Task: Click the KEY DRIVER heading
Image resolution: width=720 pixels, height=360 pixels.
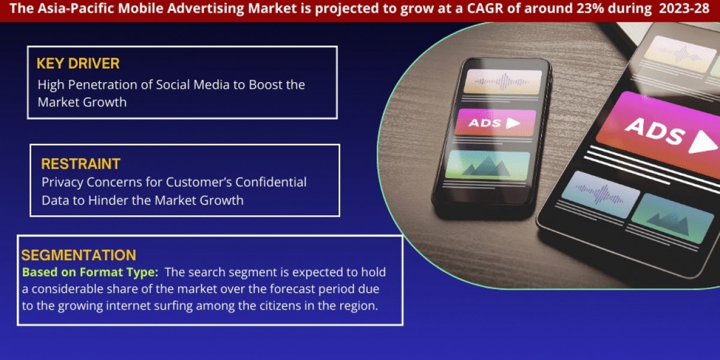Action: (78, 64)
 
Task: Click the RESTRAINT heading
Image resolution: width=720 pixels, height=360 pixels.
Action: (80, 163)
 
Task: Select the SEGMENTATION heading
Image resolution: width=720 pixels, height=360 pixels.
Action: (79, 254)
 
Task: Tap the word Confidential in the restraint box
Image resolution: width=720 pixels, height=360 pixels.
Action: (269, 182)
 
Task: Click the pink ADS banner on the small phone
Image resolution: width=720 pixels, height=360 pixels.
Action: (495, 122)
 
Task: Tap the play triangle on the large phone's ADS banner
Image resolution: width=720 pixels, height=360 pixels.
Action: (703, 143)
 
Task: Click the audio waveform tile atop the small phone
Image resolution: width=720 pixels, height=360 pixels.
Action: (504, 80)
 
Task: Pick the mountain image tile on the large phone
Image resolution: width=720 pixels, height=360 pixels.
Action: (664, 217)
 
